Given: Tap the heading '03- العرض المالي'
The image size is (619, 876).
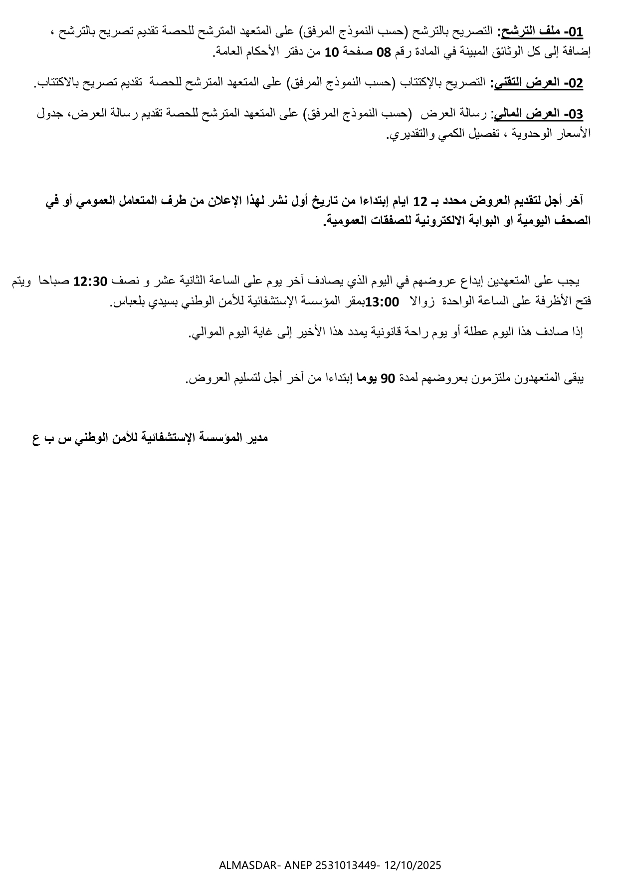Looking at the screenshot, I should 537,114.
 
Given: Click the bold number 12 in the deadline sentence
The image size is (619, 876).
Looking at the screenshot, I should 421,202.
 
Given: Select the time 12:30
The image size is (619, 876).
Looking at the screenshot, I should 90,282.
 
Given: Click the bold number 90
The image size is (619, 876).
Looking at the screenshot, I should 388,379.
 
